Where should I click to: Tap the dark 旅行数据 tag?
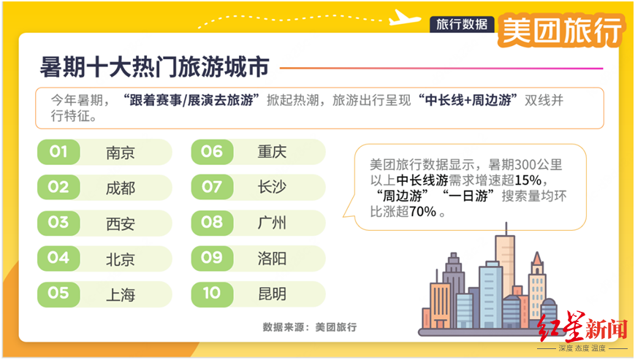click(462, 24)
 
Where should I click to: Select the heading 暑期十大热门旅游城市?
click(154, 66)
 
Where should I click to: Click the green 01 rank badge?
click(58, 152)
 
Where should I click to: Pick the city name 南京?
click(121, 153)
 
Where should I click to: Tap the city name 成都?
click(121, 188)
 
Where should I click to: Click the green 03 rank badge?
click(58, 223)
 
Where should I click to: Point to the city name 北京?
click(121, 259)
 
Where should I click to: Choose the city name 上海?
click(121, 294)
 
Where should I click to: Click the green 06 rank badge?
click(212, 152)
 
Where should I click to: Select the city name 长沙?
click(272, 187)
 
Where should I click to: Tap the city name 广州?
click(272, 222)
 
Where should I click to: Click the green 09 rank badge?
click(212, 258)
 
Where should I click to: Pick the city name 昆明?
click(272, 294)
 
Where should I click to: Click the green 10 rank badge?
click(212, 294)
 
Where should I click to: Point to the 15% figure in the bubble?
click(528, 180)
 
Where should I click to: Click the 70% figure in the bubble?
click(422, 211)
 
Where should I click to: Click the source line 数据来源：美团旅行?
click(310, 327)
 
